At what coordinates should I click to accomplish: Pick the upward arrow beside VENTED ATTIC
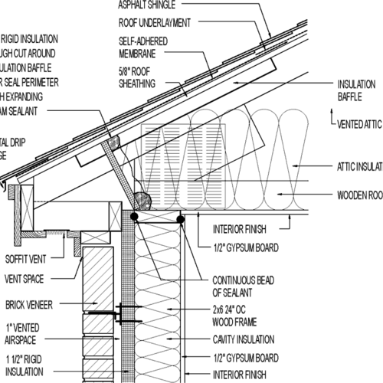pos(332,118)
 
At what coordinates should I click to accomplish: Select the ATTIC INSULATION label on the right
pos(359,165)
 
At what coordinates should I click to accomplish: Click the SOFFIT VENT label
pos(28,257)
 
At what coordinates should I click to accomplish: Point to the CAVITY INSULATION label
pos(244,342)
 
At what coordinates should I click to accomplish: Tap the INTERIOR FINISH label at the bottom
pos(241,374)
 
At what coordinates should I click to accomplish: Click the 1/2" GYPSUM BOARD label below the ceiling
pos(244,247)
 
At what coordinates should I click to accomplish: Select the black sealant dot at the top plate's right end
pos(180,219)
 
